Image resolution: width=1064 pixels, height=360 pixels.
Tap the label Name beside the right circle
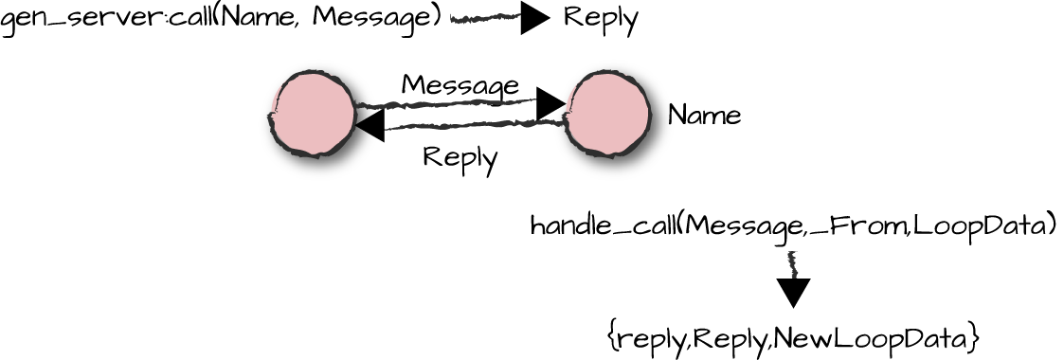pyautogui.click(x=704, y=116)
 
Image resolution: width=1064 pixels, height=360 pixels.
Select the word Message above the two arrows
pyautogui.click(x=460, y=85)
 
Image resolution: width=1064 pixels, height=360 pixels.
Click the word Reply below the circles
pyautogui.click(x=460, y=157)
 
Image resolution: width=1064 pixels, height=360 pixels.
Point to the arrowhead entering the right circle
pyautogui.click(x=550, y=103)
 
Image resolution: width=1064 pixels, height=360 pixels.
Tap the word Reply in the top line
pyautogui.click(x=601, y=18)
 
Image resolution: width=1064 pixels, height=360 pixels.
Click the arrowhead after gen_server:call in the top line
pyautogui.click(x=535, y=18)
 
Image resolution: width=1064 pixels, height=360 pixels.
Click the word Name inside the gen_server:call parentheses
pyautogui.click(x=252, y=19)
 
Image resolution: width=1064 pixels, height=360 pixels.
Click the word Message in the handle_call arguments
pyautogui.click(x=746, y=226)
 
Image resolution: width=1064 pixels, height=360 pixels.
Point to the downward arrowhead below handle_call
pyautogui.click(x=793, y=292)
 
